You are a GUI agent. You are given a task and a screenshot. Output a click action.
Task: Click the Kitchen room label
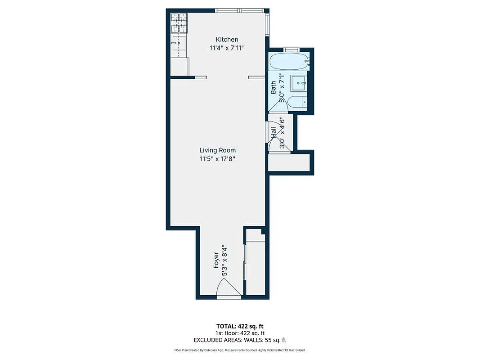[x=227, y=40]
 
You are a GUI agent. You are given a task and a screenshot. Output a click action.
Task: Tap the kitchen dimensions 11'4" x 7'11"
[x=227, y=48]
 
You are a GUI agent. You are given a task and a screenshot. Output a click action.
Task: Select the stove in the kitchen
[x=179, y=23]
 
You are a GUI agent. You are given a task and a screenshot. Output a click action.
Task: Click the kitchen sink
[x=179, y=44]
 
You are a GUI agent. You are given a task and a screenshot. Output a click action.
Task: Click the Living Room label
[x=218, y=150]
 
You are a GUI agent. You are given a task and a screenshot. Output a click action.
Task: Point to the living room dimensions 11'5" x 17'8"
[x=218, y=159]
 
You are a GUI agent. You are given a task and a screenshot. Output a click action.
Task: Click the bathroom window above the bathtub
[x=291, y=49]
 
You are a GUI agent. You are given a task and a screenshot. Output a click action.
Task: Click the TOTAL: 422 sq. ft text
[x=240, y=326]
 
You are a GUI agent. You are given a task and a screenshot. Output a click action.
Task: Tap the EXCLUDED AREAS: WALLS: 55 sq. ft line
[x=240, y=340]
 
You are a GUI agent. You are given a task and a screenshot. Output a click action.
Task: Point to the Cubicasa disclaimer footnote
[x=240, y=350]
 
